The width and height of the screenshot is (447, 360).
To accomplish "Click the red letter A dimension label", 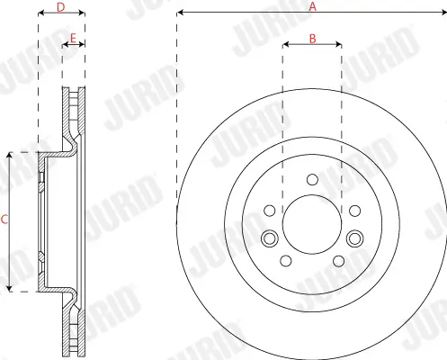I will coord(313,5).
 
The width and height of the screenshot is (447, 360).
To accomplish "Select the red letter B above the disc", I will coord(311,38).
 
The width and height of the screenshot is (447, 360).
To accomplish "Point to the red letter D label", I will coord(61,7).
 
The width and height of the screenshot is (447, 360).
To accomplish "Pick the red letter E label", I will coord(73,38).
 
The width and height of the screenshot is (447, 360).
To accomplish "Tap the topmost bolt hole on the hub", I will coord(311,180).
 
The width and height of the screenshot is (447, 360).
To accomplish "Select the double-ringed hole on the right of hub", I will coord(354,238).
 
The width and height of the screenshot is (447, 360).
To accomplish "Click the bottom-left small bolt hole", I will coord(286,261).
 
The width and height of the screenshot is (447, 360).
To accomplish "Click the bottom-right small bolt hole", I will coord(337,261).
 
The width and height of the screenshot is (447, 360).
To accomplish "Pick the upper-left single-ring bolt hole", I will coord(269,211).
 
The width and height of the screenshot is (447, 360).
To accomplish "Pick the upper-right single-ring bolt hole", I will coord(353,211).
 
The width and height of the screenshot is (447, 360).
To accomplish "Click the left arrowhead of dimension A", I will coord(180,13).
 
